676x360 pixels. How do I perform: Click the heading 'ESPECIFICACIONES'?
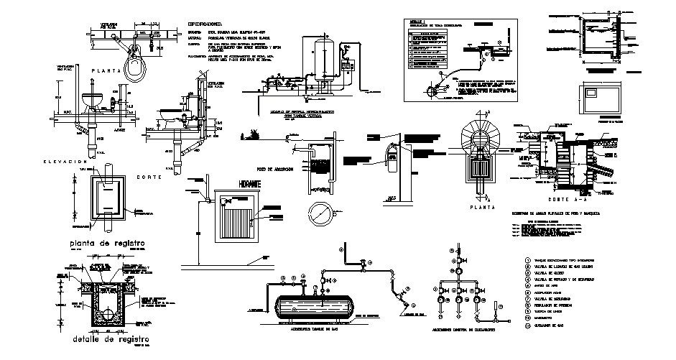point(214,24)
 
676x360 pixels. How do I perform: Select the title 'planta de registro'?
point(107,244)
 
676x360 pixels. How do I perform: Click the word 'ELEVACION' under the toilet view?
point(66,164)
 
